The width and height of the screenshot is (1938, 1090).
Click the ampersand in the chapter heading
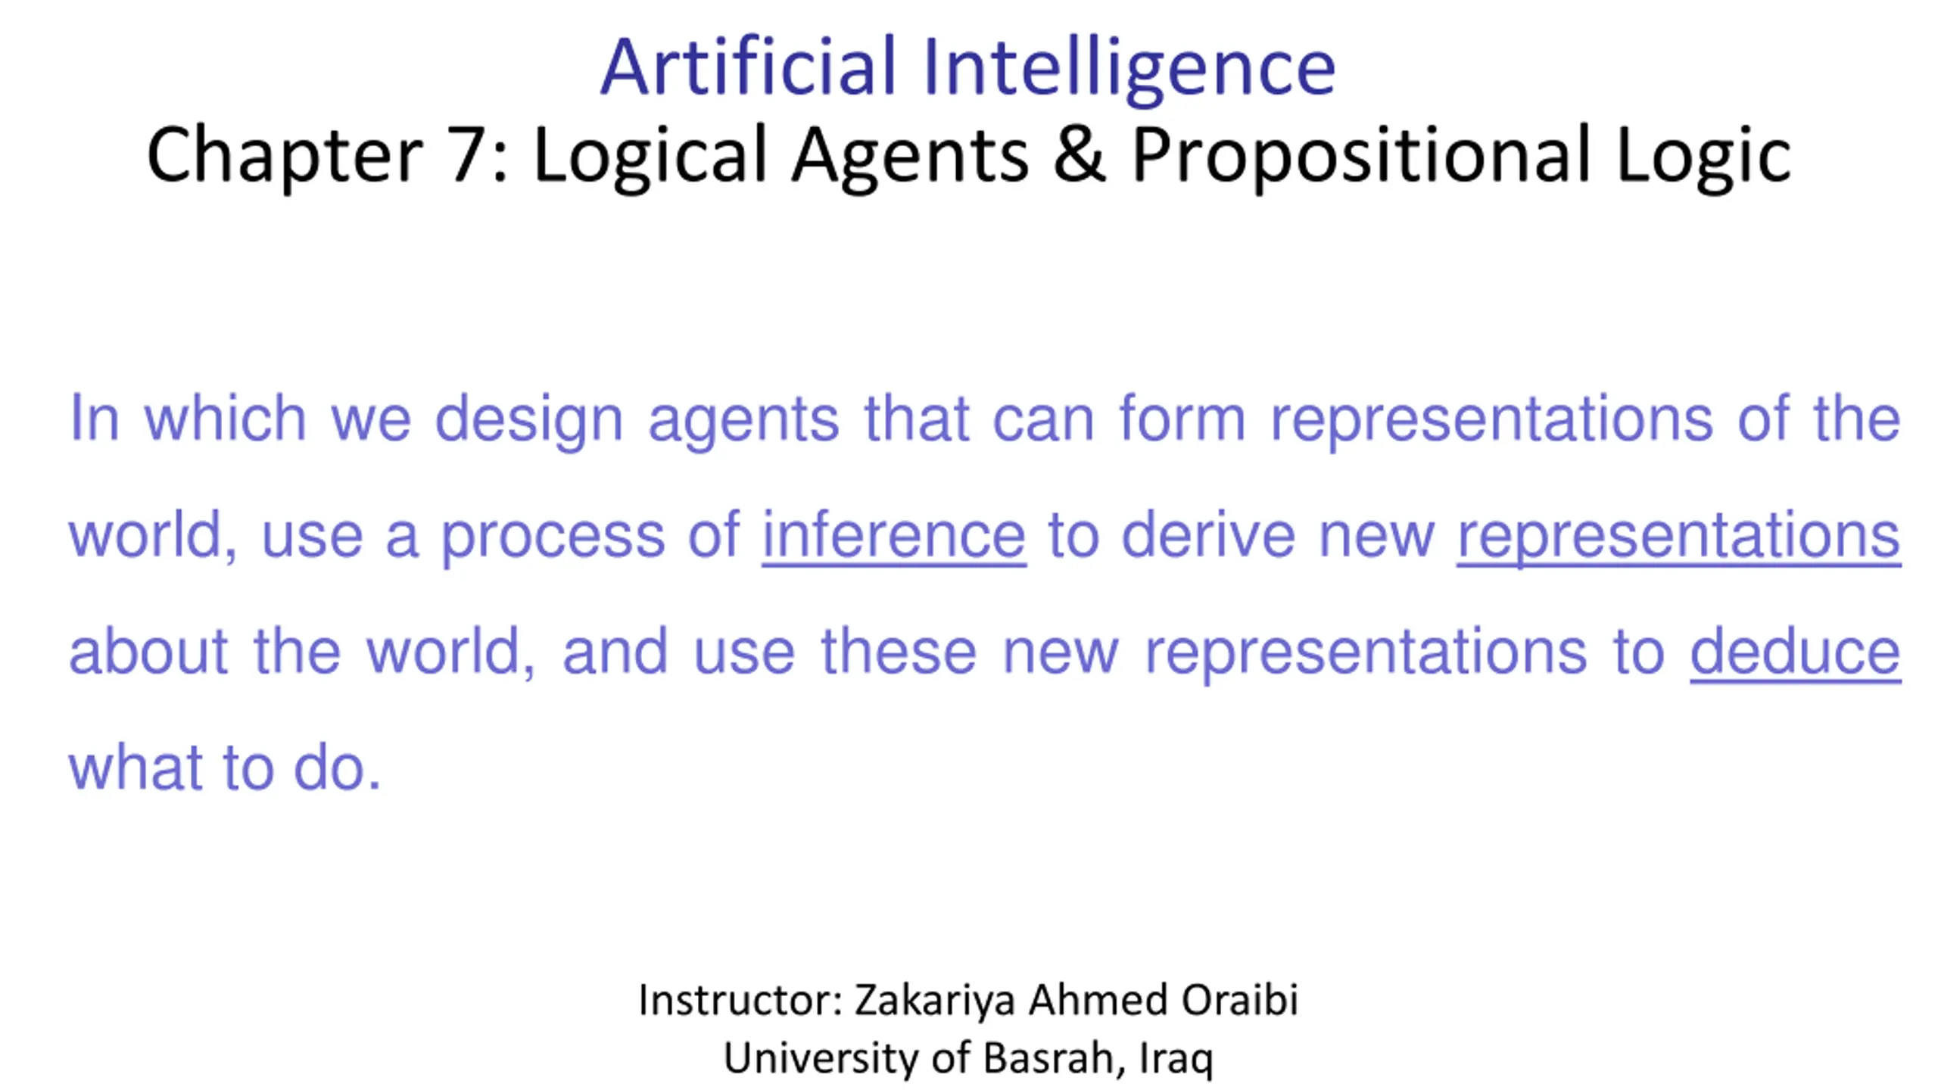point(1079,154)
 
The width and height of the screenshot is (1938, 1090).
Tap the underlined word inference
point(894,535)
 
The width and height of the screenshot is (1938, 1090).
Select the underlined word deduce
point(1796,652)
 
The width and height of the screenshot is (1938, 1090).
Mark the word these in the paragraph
point(899,651)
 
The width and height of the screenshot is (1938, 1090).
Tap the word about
point(148,651)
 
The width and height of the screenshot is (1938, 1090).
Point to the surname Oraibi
point(1240,999)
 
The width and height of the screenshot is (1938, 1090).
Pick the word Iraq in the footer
point(1176,1060)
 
